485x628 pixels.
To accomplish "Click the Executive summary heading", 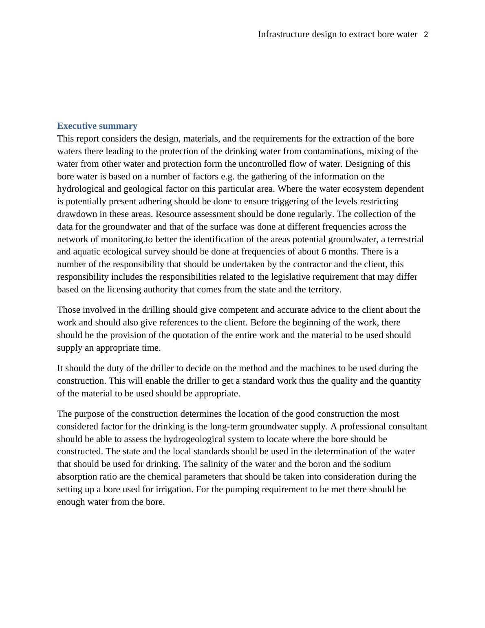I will click(x=97, y=126).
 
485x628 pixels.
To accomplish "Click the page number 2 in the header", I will click(x=426, y=35).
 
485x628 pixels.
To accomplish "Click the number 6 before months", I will click(x=324, y=252).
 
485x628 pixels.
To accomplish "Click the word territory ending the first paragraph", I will click(x=324, y=290).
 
